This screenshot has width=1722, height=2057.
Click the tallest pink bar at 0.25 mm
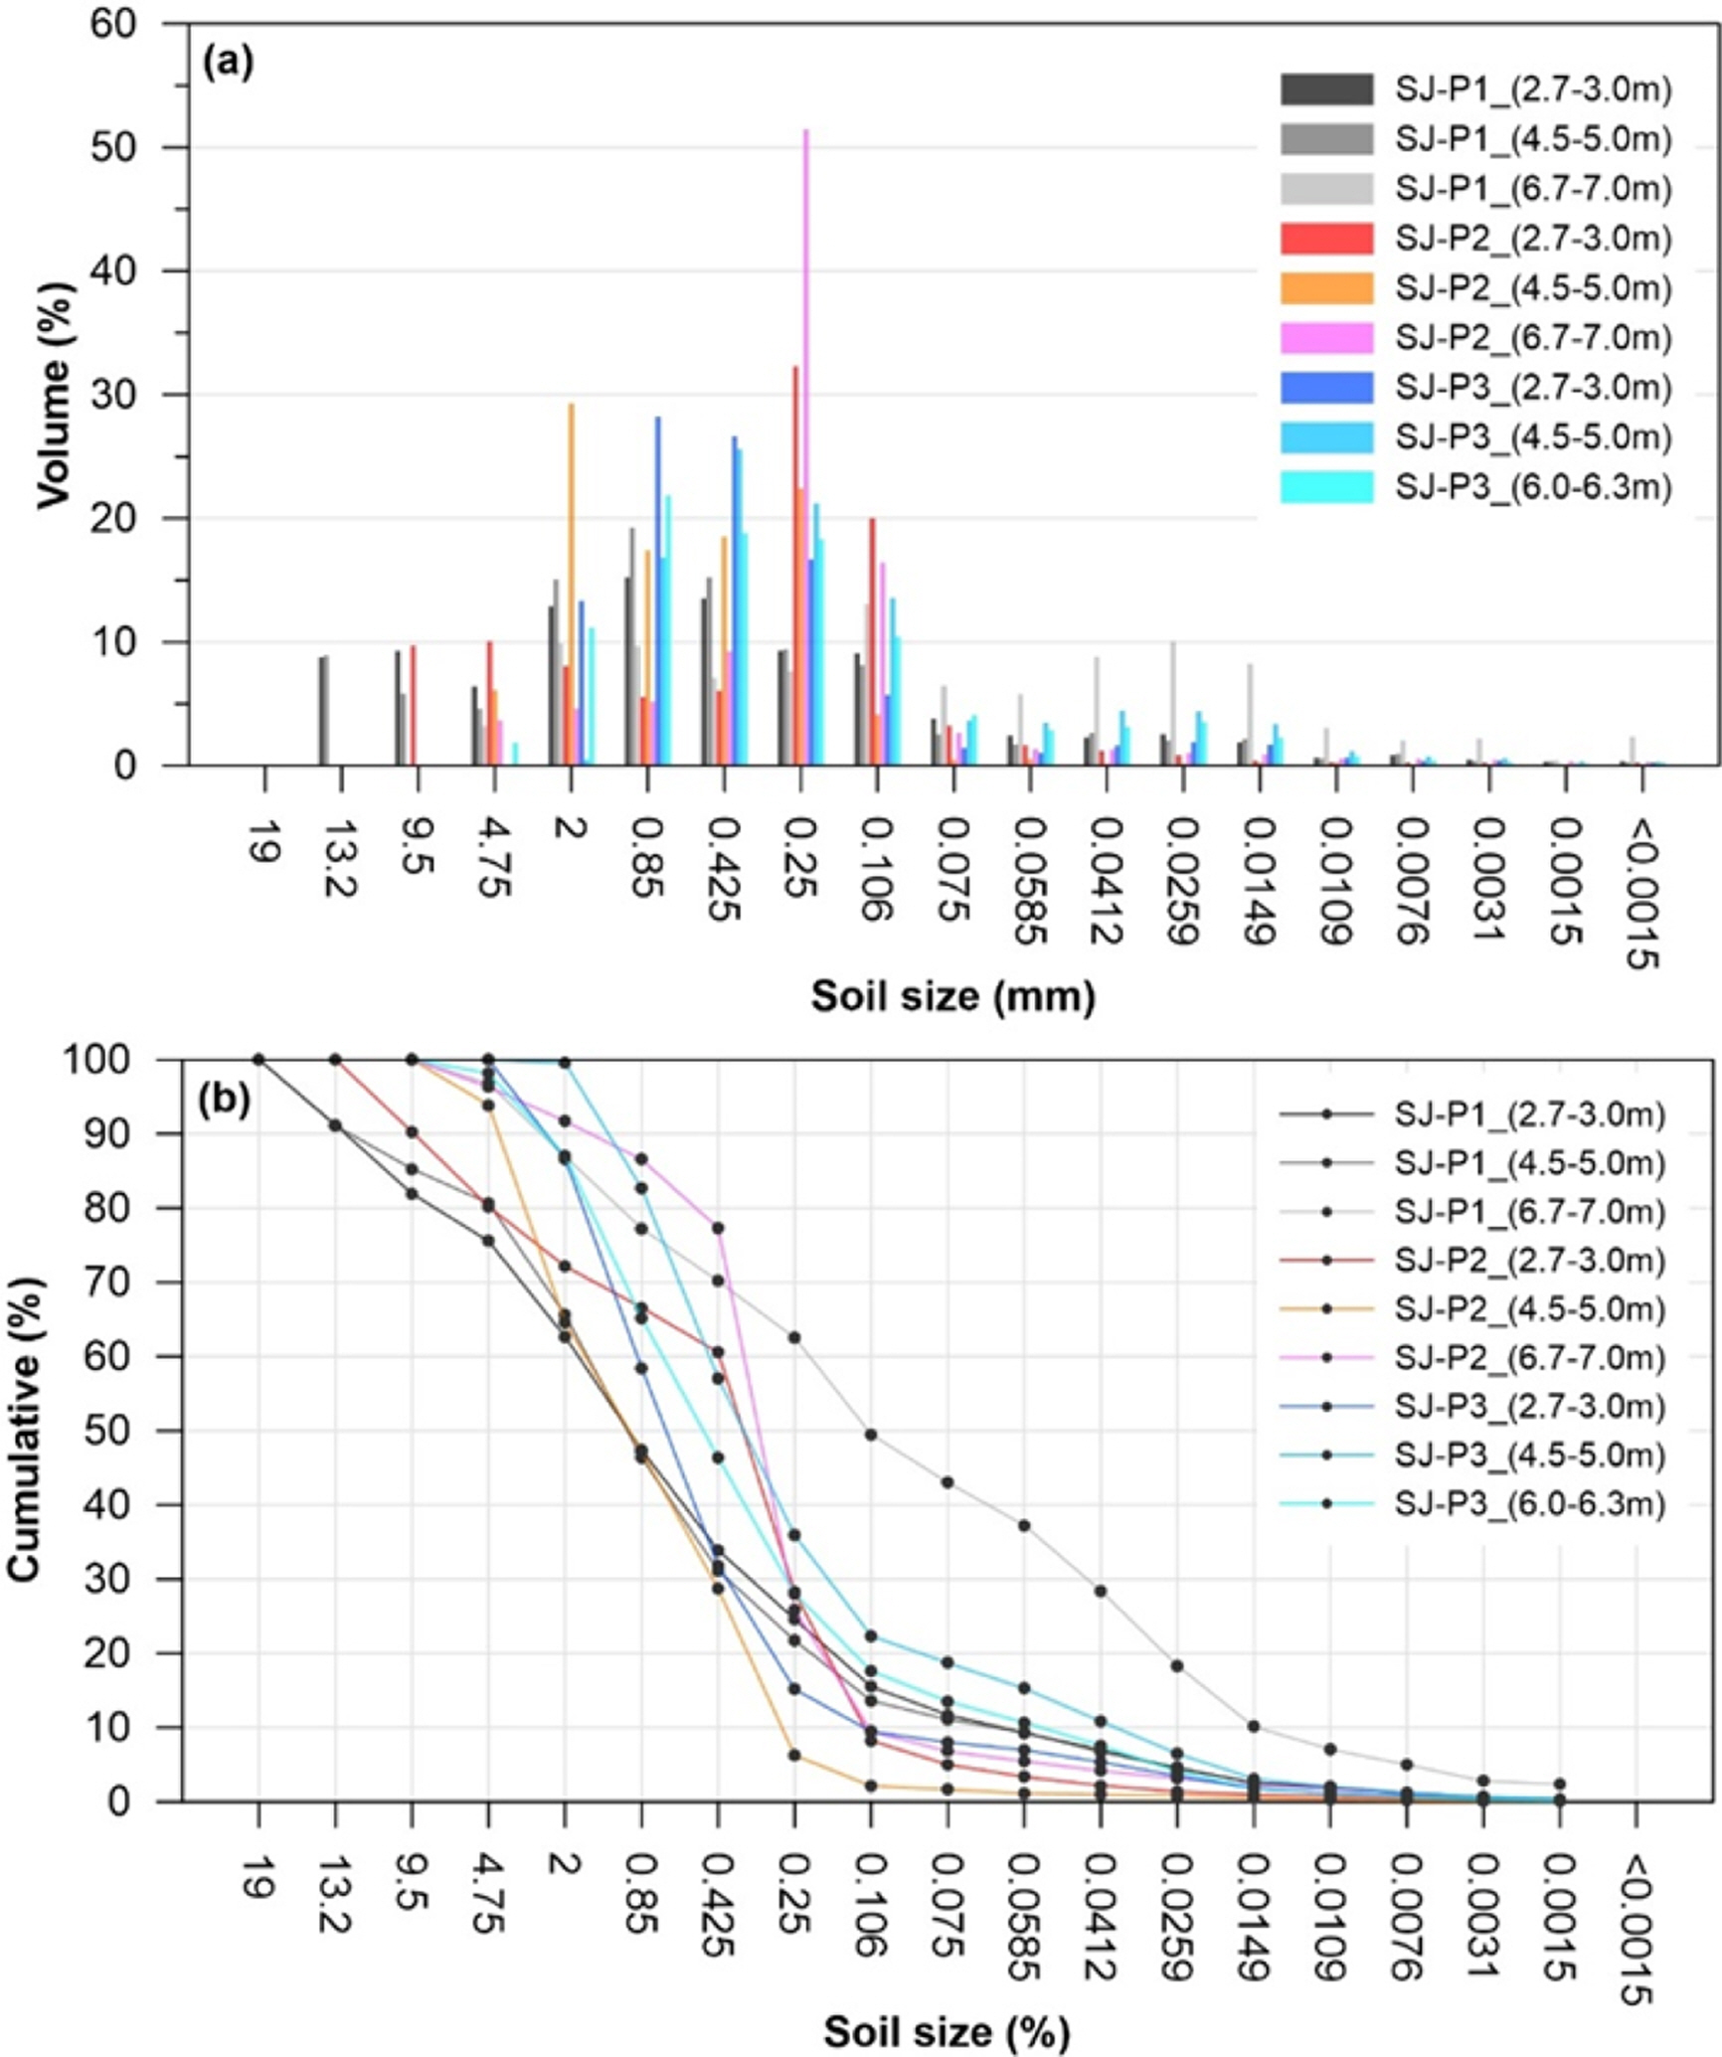(x=806, y=447)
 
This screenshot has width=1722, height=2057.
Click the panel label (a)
(x=228, y=63)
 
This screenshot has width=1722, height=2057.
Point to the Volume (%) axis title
(x=56, y=395)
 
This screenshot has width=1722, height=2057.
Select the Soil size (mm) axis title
(x=952, y=995)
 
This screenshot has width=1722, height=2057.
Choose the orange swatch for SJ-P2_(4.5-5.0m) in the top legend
(x=1326, y=288)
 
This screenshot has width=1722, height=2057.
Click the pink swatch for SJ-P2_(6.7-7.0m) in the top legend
(x=1326, y=338)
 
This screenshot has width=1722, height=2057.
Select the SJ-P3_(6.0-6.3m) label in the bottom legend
(x=1529, y=1503)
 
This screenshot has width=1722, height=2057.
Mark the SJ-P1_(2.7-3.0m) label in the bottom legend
(x=1529, y=1114)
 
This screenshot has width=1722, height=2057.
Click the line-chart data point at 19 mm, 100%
(x=258, y=1059)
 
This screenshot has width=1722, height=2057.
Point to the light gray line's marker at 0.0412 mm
(x=1101, y=1591)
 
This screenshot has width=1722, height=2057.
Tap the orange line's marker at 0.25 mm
(x=794, y=1755)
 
